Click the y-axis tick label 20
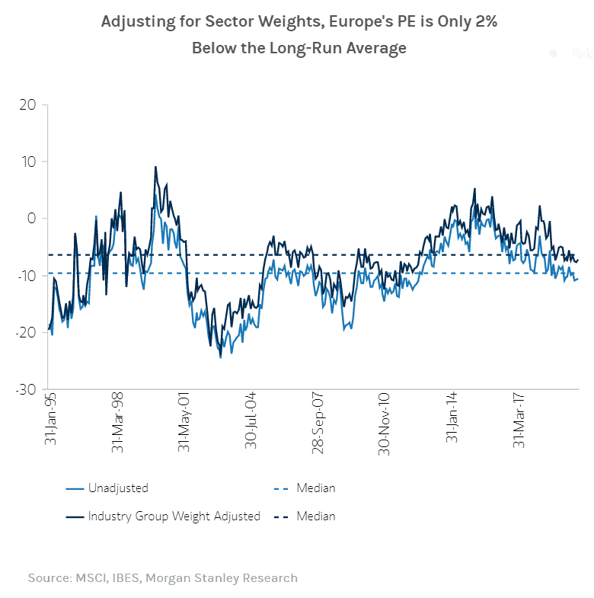coord(27,104)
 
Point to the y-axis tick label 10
coord(28,161)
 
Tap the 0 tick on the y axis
coord(32,219)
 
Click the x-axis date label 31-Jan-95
coord(50,419)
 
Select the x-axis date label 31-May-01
coord(184,421)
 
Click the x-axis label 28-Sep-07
coord(318,421)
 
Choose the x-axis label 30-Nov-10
coord(385,421)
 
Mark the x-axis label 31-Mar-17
coord(519,421)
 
